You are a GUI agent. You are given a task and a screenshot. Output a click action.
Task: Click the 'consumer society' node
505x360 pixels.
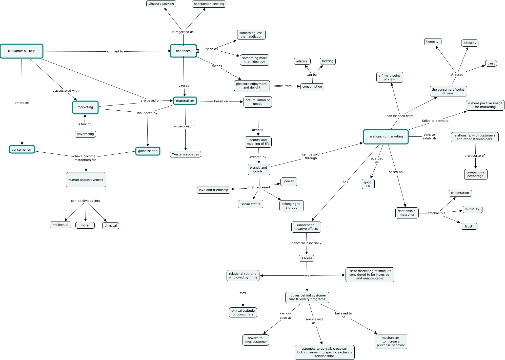click(x=22, y=51)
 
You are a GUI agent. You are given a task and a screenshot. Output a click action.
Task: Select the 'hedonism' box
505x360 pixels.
click(x=183, y=51)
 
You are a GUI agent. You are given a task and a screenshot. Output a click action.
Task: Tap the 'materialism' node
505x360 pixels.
click(x=185, y=101)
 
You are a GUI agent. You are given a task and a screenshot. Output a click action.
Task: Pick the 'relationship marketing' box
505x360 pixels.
click(x=386, y=137)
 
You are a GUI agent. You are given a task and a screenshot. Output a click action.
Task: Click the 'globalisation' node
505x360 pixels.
click(x=148, y=151)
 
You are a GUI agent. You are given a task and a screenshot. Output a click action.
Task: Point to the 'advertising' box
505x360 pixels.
click(x=85, y=134)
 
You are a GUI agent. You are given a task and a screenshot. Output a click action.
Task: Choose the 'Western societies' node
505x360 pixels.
click(x=186, y=154)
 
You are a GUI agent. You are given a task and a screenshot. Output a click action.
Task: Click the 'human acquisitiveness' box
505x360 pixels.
click(x=86, y=180)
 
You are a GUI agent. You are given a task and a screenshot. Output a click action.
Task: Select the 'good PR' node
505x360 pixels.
click(x=368, y=184)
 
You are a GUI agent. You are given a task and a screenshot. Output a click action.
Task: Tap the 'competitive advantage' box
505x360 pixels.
click(x=475, y=174)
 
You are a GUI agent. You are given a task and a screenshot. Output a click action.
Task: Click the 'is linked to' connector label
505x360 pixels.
click(x=114, y=51)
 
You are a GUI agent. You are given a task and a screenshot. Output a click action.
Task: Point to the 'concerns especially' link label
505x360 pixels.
click(x=306, y=243)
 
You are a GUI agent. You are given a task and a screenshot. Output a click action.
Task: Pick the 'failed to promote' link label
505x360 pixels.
click(x=435, y=121)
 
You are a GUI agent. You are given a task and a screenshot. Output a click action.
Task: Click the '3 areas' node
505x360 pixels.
click(x=307, y=258)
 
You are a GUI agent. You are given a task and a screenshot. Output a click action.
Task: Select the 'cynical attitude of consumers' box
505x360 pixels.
click(x=243, y=312)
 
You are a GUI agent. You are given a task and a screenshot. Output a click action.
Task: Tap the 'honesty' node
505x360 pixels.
click(x=432, y=42)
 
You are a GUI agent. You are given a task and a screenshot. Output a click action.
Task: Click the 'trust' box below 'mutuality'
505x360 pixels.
click(x=469, y=226)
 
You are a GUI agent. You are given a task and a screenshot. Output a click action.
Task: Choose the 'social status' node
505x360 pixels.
click(x=250, y=204)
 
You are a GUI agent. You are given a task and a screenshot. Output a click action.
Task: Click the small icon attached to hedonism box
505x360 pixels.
click(x=197, y=51)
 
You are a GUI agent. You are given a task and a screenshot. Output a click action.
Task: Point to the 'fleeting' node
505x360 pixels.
click(x=328, y=61)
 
